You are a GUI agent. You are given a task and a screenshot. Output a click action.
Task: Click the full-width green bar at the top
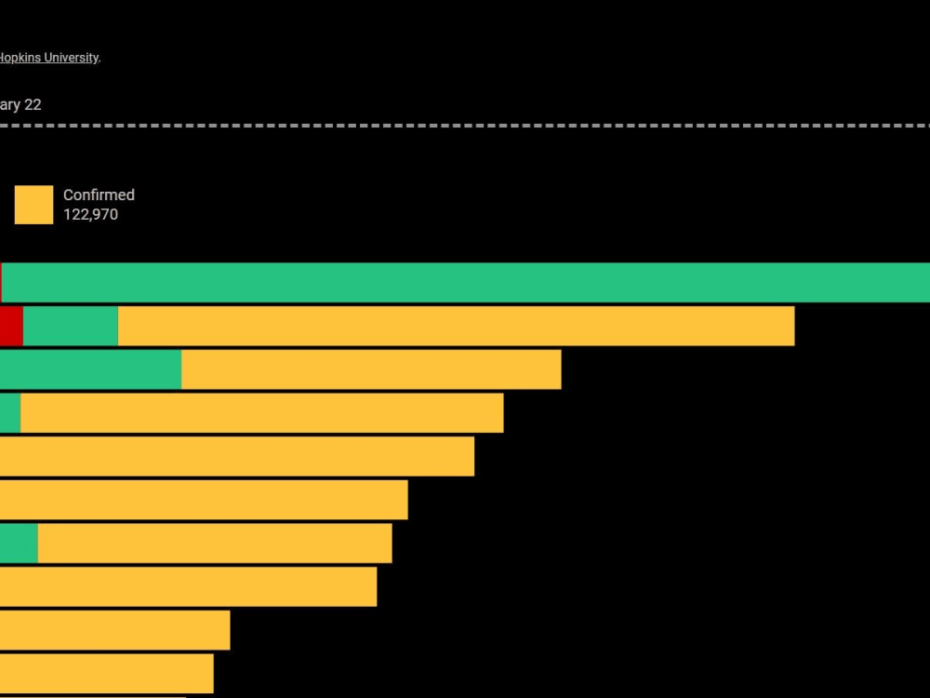[x=465, y=282]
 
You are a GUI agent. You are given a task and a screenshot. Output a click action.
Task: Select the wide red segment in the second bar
[x=11, y=326]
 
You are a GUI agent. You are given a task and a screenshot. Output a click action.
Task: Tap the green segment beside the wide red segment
[x=71, y=326]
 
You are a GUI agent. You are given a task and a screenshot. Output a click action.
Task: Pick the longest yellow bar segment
[x=456, y=326]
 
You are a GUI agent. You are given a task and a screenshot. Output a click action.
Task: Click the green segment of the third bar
[x=90, y=369]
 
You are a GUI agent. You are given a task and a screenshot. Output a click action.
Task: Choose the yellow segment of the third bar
[x=371, y=369]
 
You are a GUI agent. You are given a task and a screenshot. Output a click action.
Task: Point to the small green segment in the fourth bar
[x=10, y=412]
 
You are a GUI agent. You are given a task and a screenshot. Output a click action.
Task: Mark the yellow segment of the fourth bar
[x=261, y=412]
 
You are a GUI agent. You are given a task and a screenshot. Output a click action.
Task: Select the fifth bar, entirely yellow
[x=237, y=456]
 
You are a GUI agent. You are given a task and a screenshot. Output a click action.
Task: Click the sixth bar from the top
[x=204, y=500]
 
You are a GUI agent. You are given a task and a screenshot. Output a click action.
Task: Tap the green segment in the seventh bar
[x=19, y=543]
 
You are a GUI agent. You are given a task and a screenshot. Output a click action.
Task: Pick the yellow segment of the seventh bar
[x=215, y=543]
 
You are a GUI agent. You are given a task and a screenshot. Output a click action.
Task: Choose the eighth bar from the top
[x=188, y=586]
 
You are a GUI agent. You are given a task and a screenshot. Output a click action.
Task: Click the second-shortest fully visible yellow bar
[x=114, y=630]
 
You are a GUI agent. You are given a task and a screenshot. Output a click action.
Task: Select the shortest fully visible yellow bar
[x=106, y=673]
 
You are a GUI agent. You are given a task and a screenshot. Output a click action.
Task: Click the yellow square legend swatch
[x=33, y=205]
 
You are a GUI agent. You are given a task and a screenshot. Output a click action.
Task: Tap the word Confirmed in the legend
[x=99, y=195]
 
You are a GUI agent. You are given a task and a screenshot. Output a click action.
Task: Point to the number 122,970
[x=90, y=215]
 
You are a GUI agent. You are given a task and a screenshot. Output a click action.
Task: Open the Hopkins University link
[x=48, y=58]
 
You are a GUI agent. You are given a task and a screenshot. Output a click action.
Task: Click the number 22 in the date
[x=33, y=105]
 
